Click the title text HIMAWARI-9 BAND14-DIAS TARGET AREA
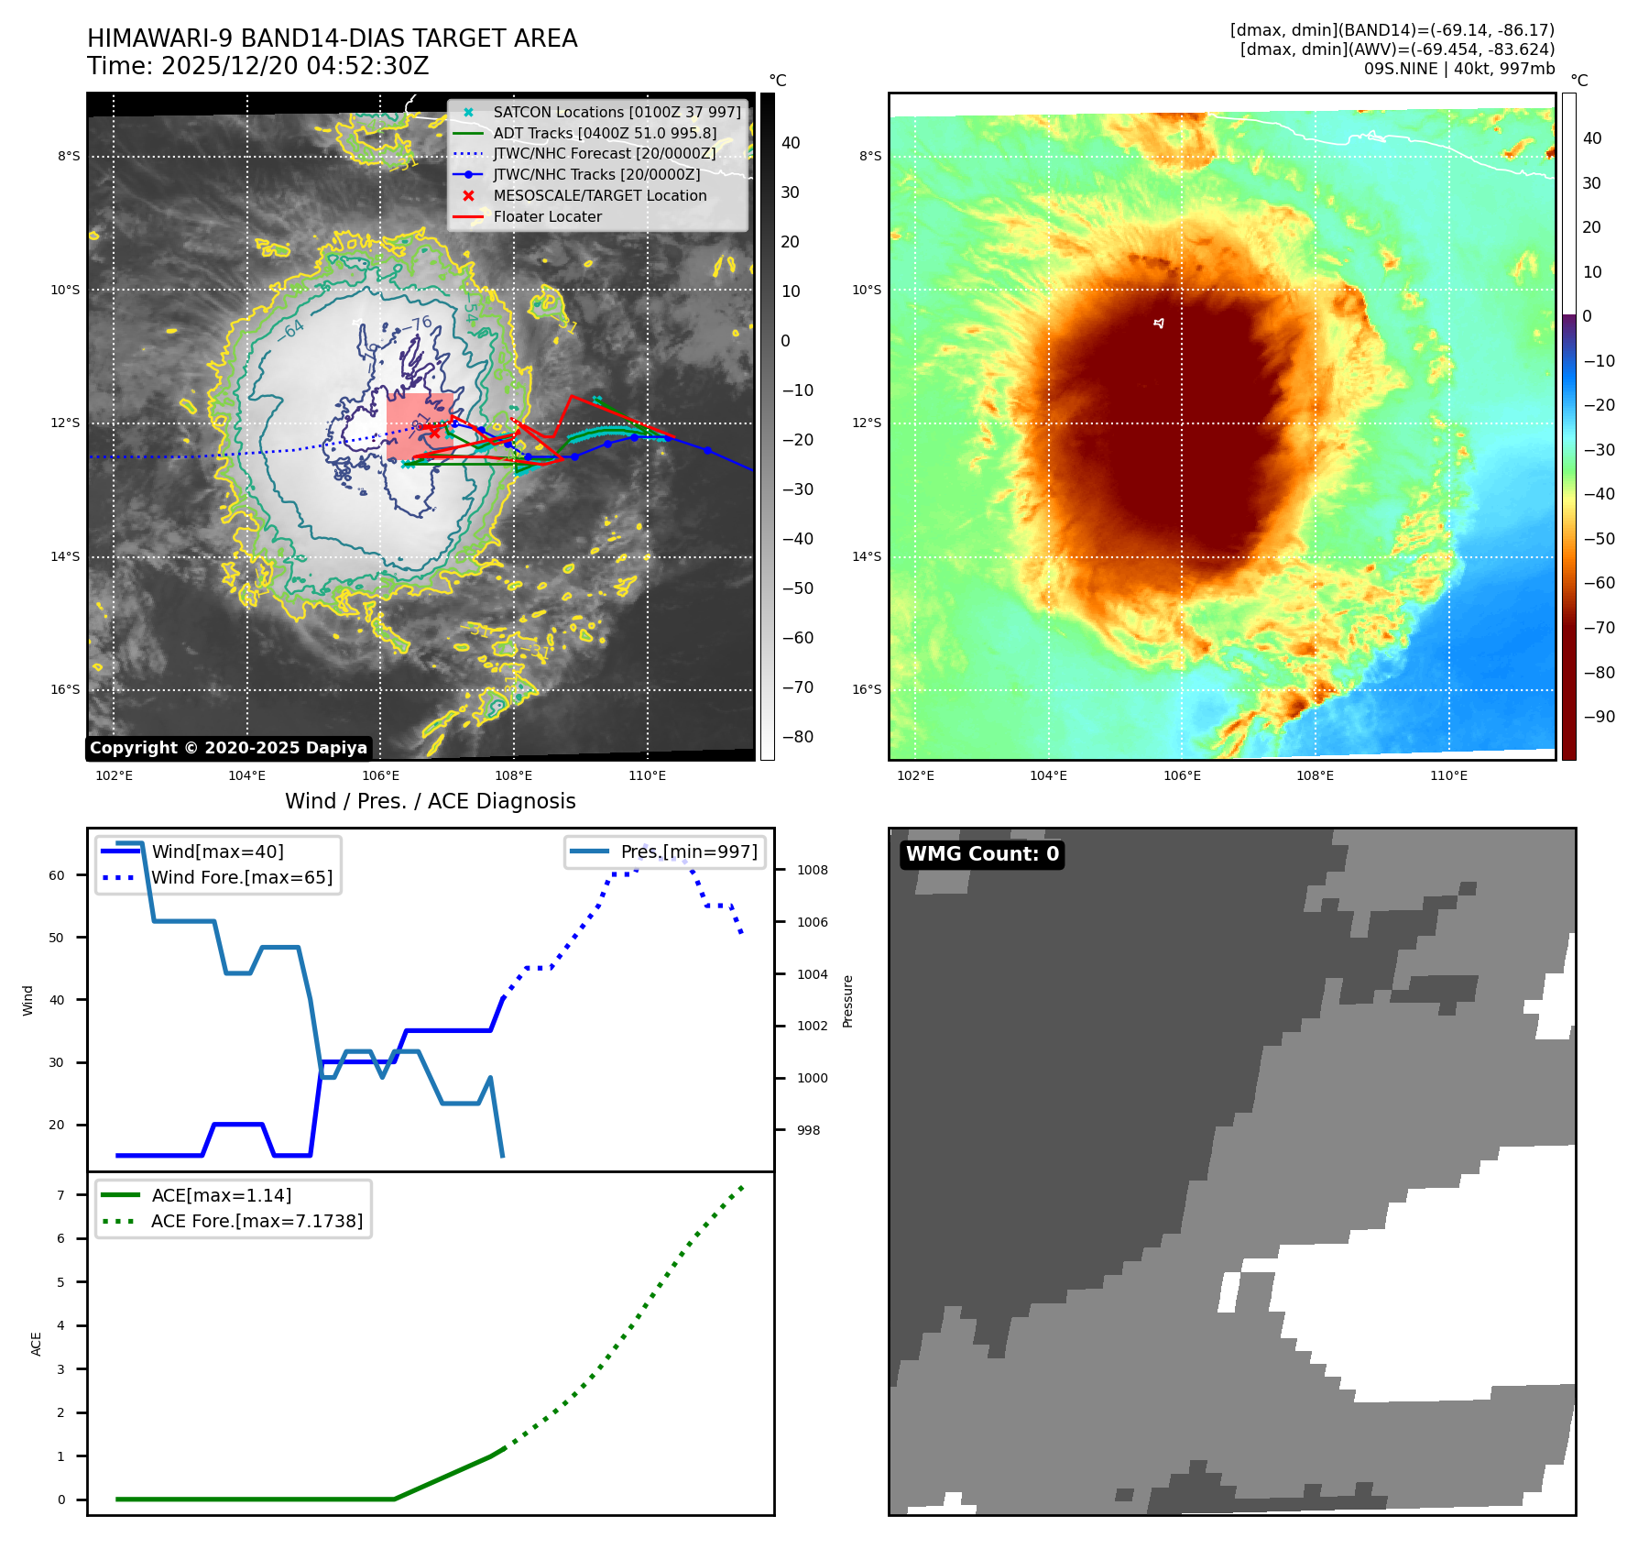tap(332, 38)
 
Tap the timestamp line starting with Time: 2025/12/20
tap(257, 66)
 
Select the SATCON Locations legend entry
tap(617, 112)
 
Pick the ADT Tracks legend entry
tap(605, 133)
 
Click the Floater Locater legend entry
tap(547, 216)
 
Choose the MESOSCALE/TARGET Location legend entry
tap(599, 195)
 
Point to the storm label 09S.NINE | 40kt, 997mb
tap(1458, 69)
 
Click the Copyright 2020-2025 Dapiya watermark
tap(228, 748)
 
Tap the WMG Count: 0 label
tap(982, 854)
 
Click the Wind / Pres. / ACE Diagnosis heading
tap(430, 801)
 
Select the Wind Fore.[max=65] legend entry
tap(242, 877)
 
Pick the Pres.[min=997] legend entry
tap(689, 851)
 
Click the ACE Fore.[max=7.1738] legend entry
tap(257, 1221)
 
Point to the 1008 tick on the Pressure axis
tap(812, 870)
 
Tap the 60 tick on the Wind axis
tap(57, 875)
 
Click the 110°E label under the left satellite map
tap(647, 775)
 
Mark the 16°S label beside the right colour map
tap(867, 689)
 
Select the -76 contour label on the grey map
tap(420, 324)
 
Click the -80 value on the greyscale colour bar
tap(797, 737)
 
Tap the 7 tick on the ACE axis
tap(61, 1195)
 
